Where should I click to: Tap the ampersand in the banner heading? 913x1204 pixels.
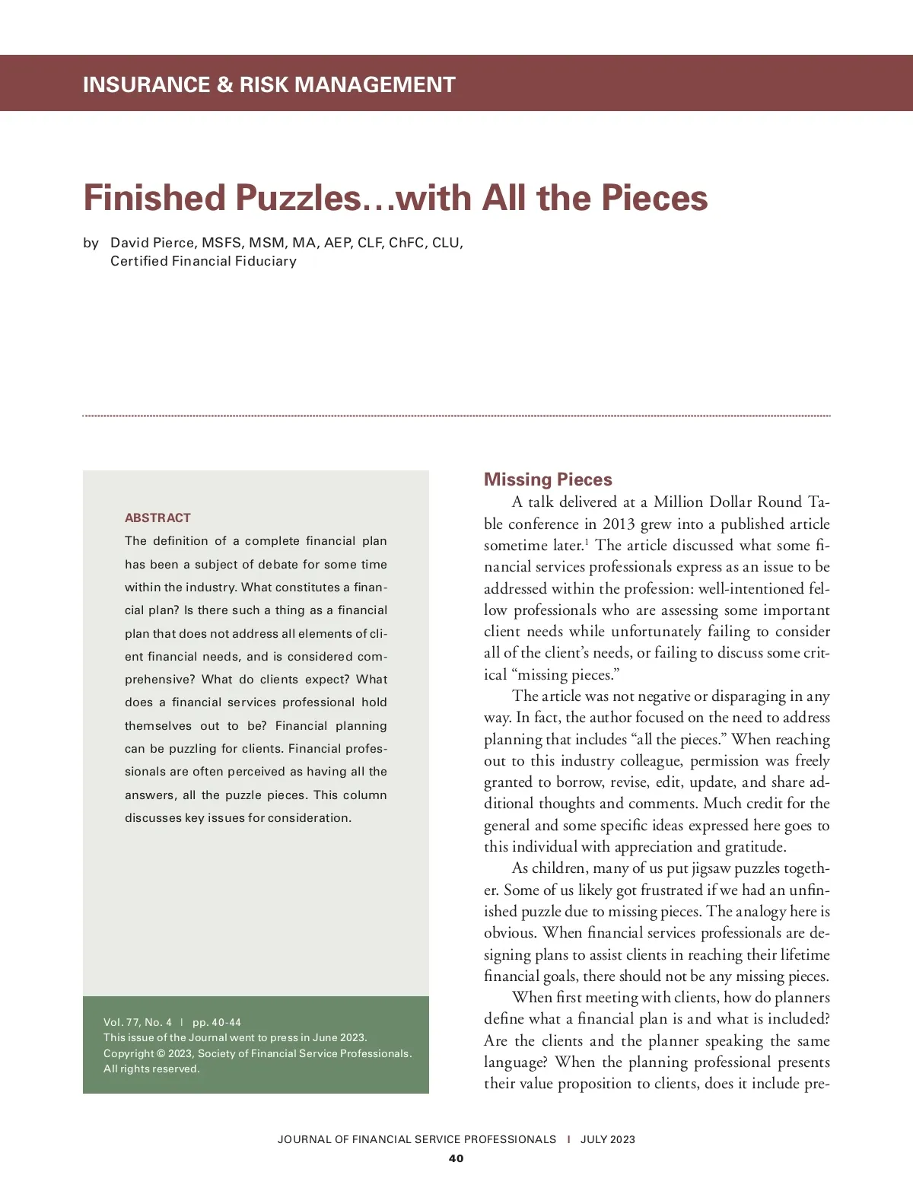(x=224, y=84)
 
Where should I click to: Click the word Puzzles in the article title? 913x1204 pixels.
(x=297, y=198)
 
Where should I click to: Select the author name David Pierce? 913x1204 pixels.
(x=152, y=243)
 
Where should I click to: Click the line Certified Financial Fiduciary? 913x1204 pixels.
(x=203, y=261)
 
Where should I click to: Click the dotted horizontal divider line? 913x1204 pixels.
(x=456, y=416)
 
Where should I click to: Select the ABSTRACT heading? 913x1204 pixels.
(x=157, y=518)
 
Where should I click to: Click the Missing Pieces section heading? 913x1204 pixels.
(x=548, y=479)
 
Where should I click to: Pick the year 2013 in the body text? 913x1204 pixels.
(x=619, y=524)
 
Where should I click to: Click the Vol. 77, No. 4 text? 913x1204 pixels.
(x=138, y=1022)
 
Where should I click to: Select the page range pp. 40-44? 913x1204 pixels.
(x=217, y=1022)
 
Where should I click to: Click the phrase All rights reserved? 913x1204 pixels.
(x=151, y=1069)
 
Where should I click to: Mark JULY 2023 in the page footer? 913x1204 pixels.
(x=607, y=1139)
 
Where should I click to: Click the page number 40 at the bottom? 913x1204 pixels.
(x=456, y=1158)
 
